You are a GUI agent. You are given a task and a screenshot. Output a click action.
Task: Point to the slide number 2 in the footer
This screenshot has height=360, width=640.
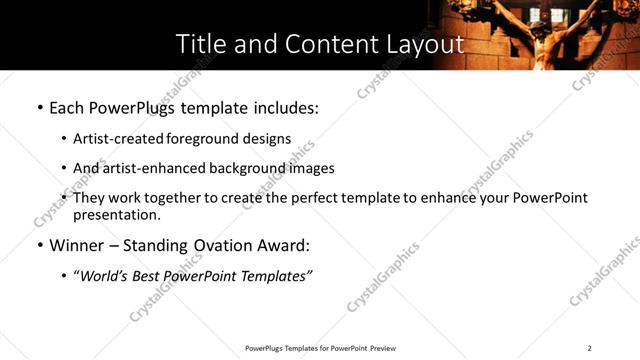(589, 348)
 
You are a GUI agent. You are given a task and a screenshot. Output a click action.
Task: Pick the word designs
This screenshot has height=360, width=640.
(268, 139)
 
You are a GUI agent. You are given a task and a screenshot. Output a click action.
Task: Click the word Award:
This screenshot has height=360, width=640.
(283, 245)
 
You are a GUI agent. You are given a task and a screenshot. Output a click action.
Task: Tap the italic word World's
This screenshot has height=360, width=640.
(101, 276)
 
